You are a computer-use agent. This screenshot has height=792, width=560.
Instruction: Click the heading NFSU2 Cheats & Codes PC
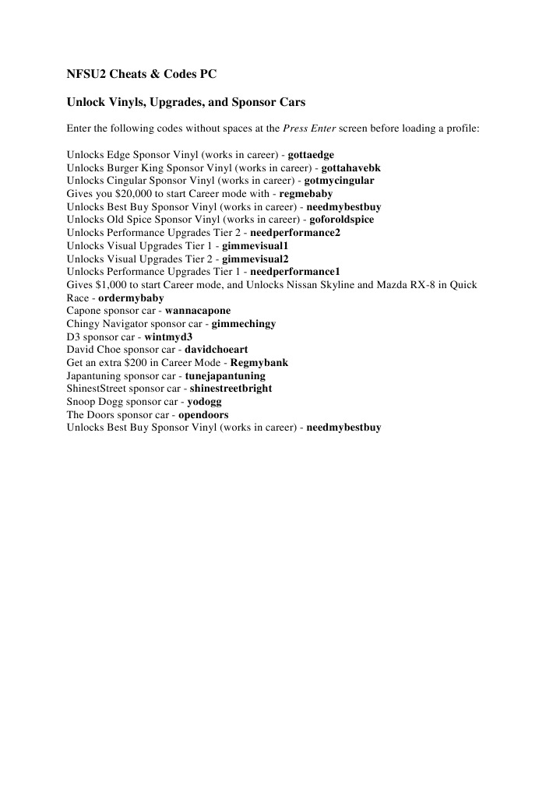[141, 75]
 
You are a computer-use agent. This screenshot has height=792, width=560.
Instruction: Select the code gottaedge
[311, 155]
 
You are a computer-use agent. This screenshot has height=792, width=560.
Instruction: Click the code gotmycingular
[339, 181]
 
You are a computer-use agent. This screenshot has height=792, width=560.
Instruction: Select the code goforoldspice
[342, 220]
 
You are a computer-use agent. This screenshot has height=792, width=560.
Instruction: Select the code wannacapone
[198, 312]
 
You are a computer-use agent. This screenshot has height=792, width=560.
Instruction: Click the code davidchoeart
[216, 350]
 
